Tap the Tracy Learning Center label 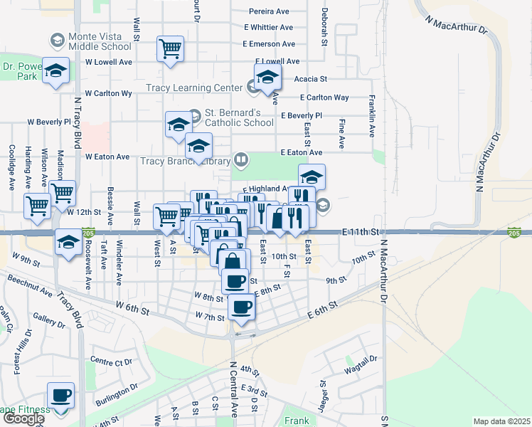point(194,88)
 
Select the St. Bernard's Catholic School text point(239,117)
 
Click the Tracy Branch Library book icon point(241,159)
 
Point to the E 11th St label point(363,233)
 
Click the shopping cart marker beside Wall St point(170,48)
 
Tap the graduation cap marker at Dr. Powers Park point(55,70)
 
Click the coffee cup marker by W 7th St point(243,307)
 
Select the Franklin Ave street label point(371,116)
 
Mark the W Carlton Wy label point(108,93)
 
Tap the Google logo point(23,418)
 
